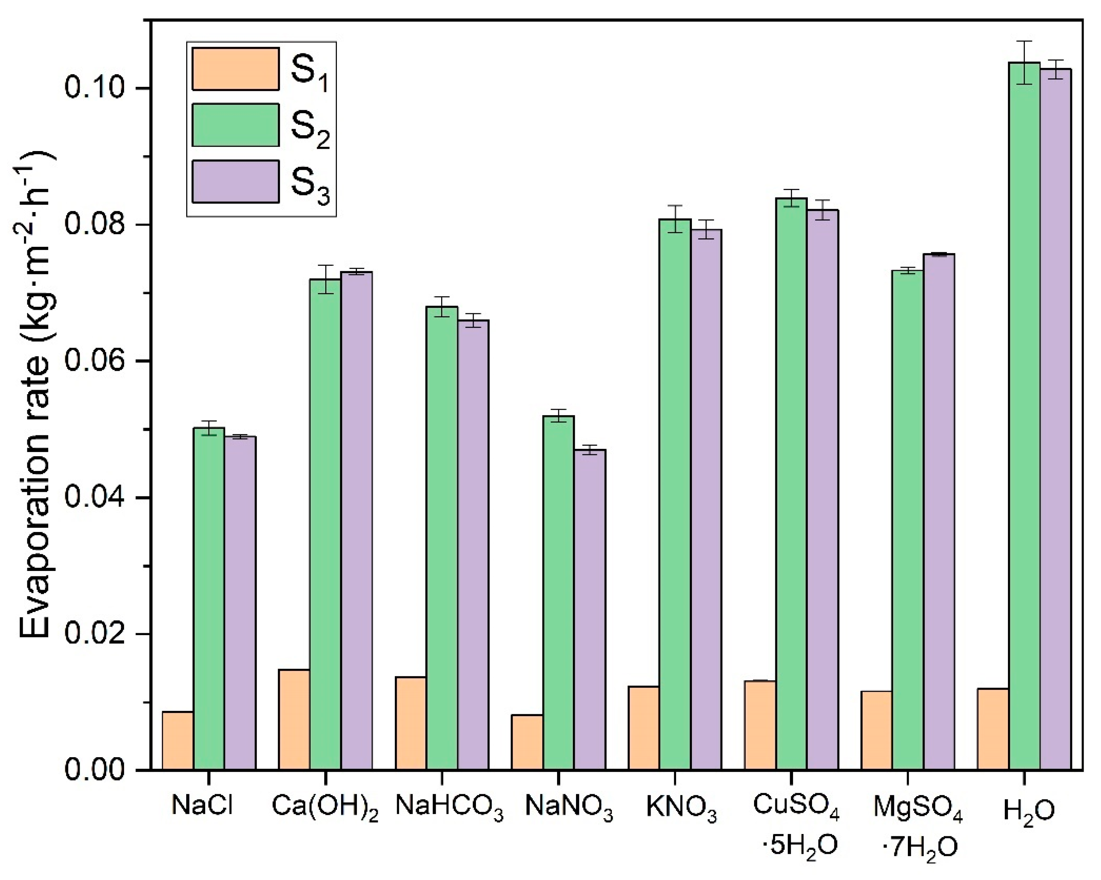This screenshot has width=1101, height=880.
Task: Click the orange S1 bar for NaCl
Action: (x=178, y=740)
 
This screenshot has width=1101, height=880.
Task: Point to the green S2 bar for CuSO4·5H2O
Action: (x=791, y=485)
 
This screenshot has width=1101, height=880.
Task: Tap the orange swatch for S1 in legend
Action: (x=235, y=69)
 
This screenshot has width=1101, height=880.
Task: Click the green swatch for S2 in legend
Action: (x=235, y=125)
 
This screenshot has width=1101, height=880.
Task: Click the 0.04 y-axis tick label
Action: (x=95, y=498)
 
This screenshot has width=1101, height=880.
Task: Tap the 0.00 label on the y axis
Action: (x=95, y=770)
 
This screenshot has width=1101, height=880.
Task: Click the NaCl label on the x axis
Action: (x=202, y=806)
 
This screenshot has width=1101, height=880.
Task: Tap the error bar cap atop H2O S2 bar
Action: (x=1025, y=41)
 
